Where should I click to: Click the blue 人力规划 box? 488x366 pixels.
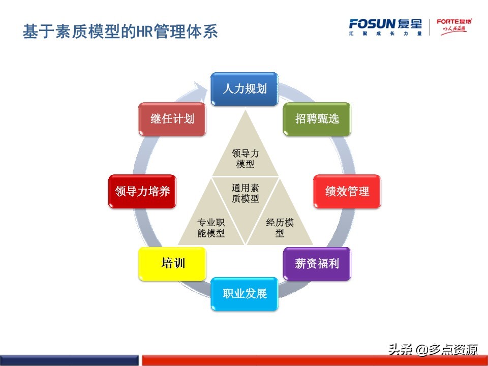(x=245, y=89)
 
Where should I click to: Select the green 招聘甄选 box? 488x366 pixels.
(x=317, y=119)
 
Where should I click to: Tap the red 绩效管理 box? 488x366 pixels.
(x=347, y=192)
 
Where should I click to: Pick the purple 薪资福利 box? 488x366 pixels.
(x=317, y=264)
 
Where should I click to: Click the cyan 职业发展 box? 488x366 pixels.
(x=245, y=294)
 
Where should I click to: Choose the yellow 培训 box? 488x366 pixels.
(x=172, y=264)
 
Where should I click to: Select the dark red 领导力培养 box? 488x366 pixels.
(x=142, y=192)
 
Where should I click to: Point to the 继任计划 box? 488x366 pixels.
(x=172, y=119)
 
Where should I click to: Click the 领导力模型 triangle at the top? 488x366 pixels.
(x=245, y=155)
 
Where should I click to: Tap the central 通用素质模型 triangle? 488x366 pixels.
(x=245, y=196)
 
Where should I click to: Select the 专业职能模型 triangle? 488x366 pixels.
(x=211, y=226)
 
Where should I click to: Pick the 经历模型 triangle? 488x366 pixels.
(x=280, y=226)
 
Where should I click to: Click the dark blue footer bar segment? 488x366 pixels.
(x=69, y=360)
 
